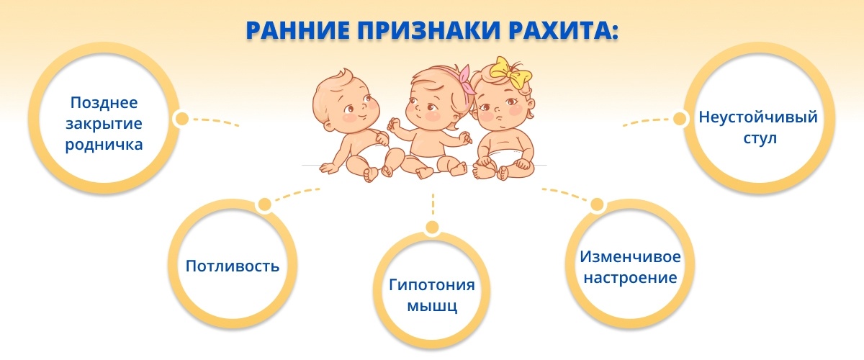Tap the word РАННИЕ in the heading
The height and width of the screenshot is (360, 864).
(298, 30)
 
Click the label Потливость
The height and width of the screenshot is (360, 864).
(233, 266)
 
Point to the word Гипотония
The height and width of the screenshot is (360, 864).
(431, 284)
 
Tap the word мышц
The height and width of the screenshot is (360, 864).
(432, 307)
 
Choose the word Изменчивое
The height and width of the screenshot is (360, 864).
(630, 256)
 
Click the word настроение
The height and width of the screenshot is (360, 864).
(630, 278)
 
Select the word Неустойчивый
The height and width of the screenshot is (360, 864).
(758, 117)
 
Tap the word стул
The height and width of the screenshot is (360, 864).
(760, 138)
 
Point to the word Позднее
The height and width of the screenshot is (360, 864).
(104, 103)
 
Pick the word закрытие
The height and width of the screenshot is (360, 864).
(104, 124)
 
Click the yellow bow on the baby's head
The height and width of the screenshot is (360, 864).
(509, 73)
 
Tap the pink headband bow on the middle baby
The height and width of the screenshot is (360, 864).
(466, 79)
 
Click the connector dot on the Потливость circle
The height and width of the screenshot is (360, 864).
(265, 204)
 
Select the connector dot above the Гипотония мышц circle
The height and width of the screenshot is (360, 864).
(433, 228)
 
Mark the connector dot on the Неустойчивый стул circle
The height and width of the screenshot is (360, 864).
(680, 119)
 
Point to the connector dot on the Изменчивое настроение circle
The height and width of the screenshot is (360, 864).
(597, 204)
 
